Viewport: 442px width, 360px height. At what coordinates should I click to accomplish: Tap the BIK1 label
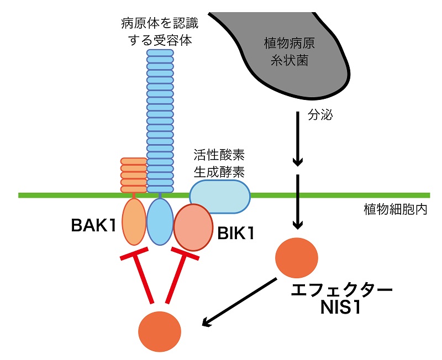click(x=234, y=234)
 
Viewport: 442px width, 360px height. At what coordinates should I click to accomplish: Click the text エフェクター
click(x=343, y=290)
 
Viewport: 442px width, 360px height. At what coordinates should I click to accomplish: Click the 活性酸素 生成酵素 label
click(x=219, y=162)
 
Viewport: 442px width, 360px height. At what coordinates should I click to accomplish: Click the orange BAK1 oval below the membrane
click(x=133, y=222)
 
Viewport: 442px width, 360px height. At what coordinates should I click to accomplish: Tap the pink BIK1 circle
click(x=193, y=227)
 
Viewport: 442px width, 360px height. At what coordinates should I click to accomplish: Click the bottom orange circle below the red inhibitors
click(x=160, y=330)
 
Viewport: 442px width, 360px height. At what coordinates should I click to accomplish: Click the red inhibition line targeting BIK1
click(x=175, y=276)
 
